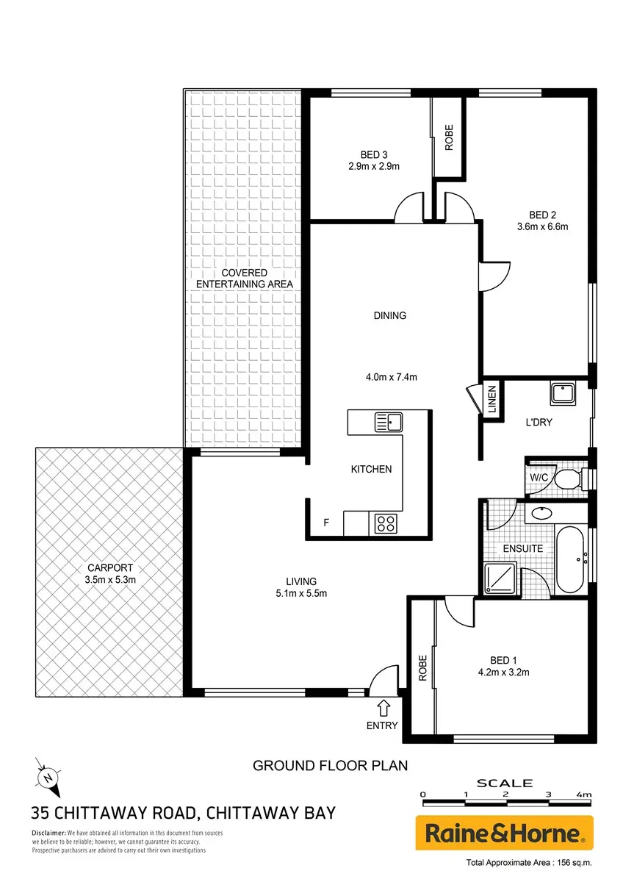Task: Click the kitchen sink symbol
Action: [388, 422]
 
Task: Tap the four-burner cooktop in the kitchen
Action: [385, 523]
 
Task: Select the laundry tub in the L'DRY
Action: [563, 393]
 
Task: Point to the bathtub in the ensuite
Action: [570, 559]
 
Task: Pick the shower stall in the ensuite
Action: [500, 578]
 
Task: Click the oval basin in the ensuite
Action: [541, 513]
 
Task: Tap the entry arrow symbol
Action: [383, 708]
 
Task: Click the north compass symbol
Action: [48, 778]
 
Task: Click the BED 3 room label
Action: [374, 155]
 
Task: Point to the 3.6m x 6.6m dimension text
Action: [542, 226]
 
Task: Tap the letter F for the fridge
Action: [326, 523]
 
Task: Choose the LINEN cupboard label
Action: [492, 399]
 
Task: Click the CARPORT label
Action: [110, 567]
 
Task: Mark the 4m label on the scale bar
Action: [584, 795]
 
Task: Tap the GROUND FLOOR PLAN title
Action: [330, 765]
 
